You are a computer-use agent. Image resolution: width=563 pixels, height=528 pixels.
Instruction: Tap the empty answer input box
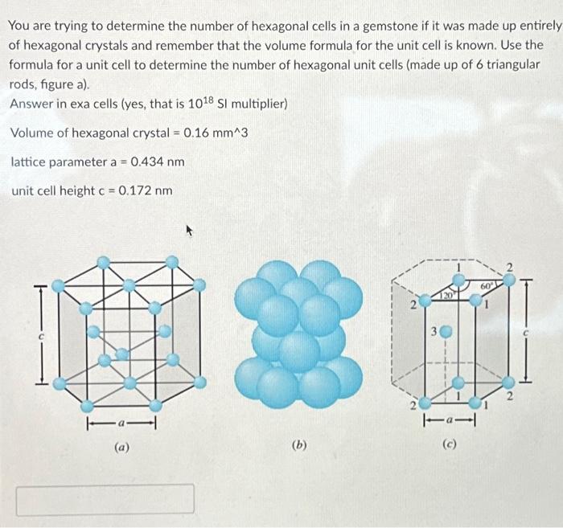[x=105, y=498]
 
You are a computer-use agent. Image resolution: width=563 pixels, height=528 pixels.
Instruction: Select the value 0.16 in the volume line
[x=198, y=133]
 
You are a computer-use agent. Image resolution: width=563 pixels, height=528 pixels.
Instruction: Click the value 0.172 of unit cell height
[x=135, y=190]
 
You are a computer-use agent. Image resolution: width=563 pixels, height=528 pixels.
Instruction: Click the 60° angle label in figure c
[x=487, y=286]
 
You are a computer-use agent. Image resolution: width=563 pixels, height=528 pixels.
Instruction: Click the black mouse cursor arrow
[x=191, y=231]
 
